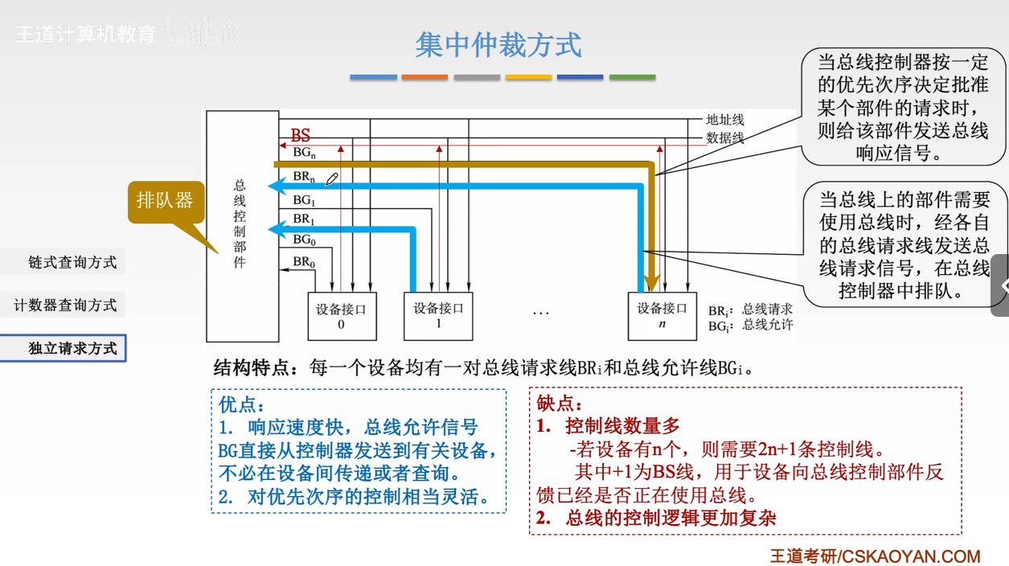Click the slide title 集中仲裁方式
point(498,45)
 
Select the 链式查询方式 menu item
point(72,263)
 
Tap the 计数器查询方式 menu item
point(65,306)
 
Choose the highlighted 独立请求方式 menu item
point(72,348)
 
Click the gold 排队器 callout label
point(165,199)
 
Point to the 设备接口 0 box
point(342,316)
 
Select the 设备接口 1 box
point(438,315)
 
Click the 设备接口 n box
point(662,315)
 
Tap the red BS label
point(300,137)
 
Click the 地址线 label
point(724,120)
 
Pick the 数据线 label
point(724,137)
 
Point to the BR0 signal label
point(303,261)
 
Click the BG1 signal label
point(303,200)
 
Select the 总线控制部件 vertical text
point(240,224)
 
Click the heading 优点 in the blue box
point(241,405)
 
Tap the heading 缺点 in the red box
point(560,404)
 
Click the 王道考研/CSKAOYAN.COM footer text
point(875,556)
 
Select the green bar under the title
point(632,77)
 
